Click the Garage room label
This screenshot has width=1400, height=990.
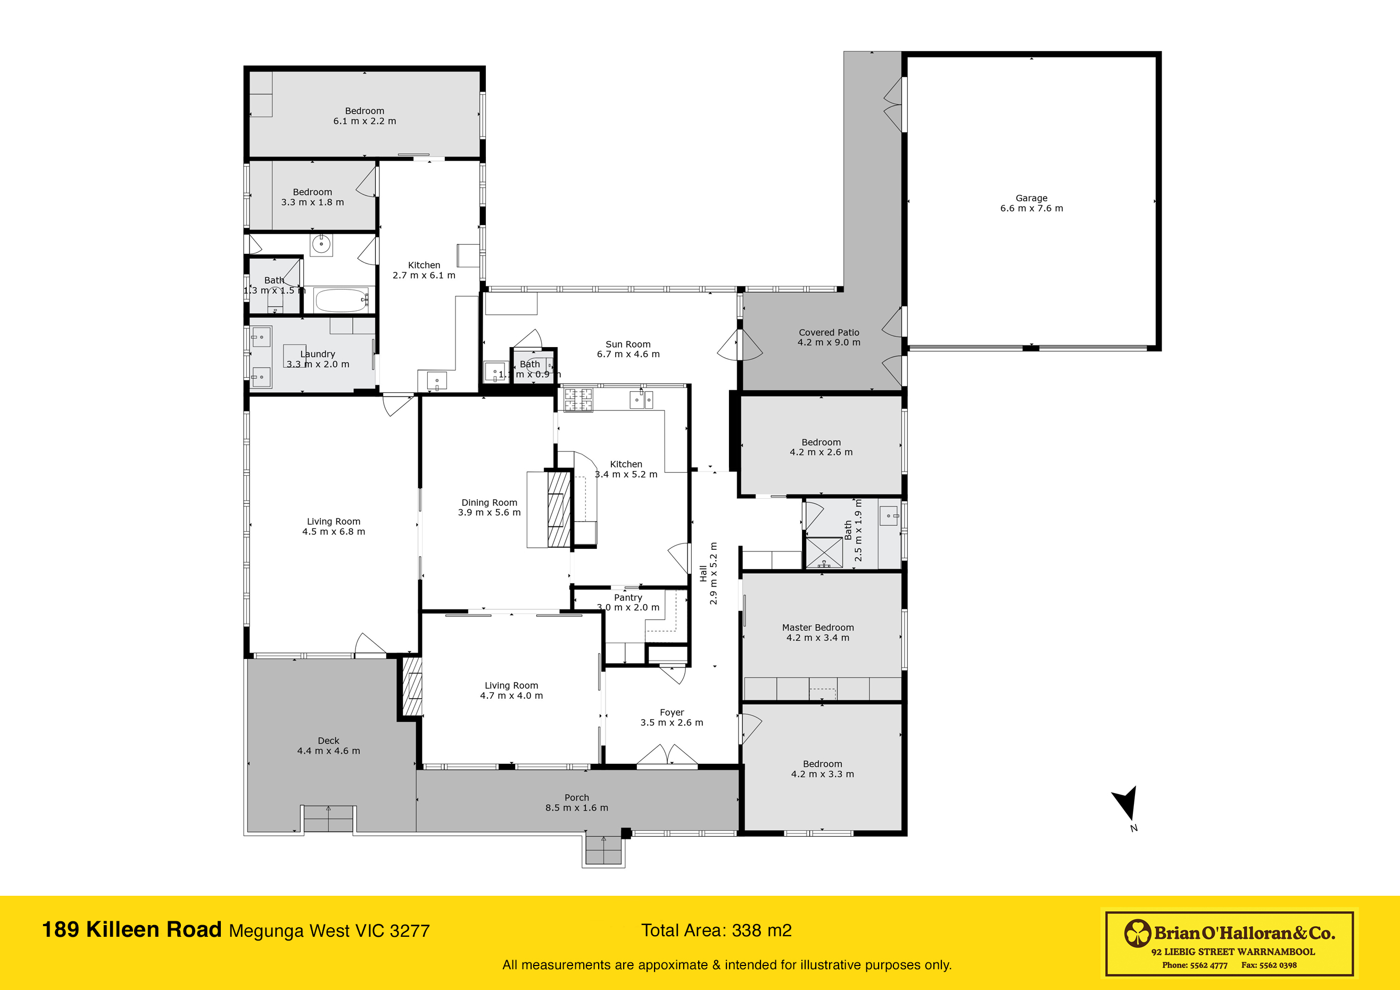[1031, 198]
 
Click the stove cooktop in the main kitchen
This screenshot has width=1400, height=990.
[577, 400]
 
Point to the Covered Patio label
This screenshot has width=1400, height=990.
[829, 333]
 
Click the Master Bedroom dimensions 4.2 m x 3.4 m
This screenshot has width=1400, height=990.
[817, 638]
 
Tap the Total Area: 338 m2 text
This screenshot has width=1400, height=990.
[716, 930]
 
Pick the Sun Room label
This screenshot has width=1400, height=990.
[627, 344]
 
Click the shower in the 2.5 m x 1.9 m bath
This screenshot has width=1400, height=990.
[824, 552]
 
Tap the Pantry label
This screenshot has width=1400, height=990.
[627, 597]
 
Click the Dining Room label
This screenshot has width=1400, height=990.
[489, 502]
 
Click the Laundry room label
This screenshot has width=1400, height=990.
[318, 354]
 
